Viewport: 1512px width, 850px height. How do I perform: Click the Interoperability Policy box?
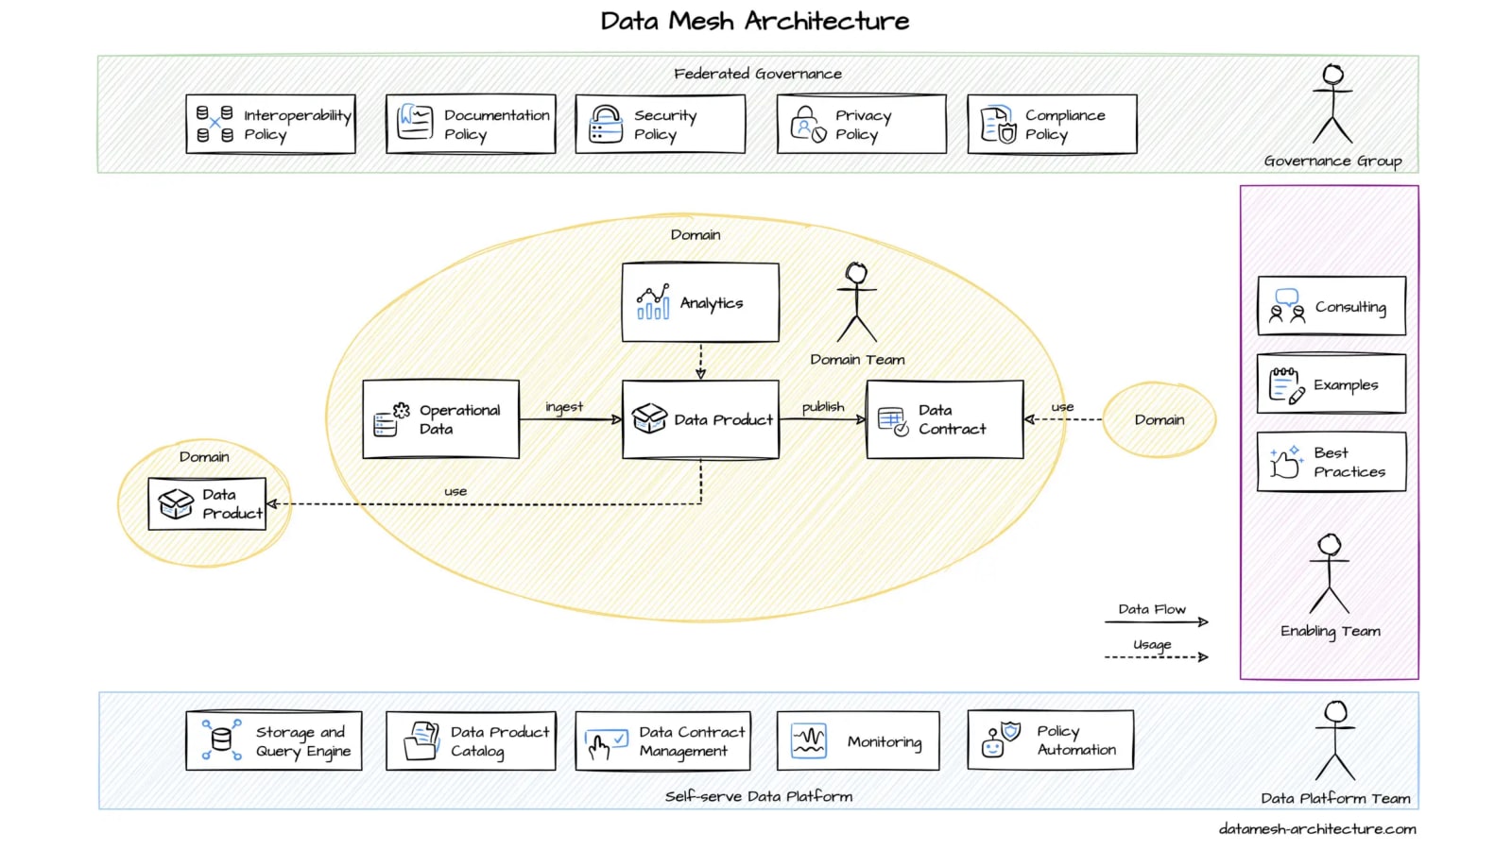pos(270,124)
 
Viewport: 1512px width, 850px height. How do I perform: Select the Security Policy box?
pos(660,124)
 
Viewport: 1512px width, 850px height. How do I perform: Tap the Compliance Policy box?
pos(1052,124)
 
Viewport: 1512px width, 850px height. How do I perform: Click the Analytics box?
pos(700,302)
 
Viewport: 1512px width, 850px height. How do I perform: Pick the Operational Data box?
pos(440,419)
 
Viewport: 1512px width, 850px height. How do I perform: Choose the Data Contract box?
pos(944,419)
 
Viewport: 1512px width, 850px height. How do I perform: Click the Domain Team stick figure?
pos(857,302)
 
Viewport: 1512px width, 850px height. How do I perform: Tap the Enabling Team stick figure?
pos(1330,573)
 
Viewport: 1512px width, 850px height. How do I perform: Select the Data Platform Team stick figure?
pos(1335,740)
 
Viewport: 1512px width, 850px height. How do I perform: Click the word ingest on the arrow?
pos(564,407)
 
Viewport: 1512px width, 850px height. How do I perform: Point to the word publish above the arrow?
pos(823,407)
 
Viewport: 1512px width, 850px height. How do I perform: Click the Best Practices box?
pos(1331,462)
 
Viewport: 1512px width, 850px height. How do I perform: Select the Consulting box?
pos(1331,306)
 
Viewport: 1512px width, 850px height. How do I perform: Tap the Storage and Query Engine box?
pos(274,741)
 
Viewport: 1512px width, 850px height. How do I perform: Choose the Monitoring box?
pos(857,741)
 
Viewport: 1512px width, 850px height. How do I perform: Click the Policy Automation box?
pos(1050,740)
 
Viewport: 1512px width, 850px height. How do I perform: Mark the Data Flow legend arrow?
pos(1157,621)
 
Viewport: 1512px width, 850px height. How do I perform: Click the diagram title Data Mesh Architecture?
pos(754,21)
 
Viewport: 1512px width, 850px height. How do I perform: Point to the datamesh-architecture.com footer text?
pos(1317,829)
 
